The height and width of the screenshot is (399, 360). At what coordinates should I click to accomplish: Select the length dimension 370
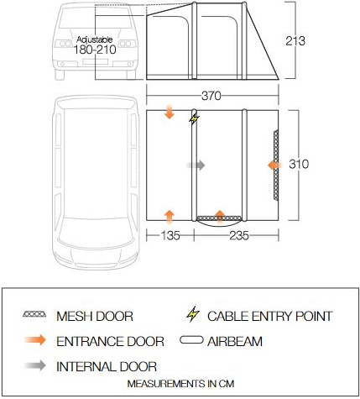(211, 95)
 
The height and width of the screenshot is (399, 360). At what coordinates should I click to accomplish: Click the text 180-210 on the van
(95, 50)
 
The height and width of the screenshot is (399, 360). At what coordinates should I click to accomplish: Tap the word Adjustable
(94, 39)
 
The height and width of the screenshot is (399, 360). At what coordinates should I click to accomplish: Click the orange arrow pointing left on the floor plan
(274, 165)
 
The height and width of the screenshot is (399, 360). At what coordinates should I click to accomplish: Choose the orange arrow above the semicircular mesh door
(220, 214)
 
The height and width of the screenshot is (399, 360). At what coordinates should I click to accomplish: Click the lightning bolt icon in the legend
(193, 317)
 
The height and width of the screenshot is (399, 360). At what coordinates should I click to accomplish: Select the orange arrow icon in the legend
(34, 341)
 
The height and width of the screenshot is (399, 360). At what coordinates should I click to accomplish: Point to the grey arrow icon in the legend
(34, 366)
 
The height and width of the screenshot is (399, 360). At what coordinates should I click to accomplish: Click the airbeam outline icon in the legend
(194, 341)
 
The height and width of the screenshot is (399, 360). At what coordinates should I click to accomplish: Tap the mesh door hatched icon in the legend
(34, 316)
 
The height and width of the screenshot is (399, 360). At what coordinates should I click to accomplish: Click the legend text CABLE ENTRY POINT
(269, 317)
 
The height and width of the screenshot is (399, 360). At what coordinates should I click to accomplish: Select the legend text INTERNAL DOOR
(106, 366)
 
